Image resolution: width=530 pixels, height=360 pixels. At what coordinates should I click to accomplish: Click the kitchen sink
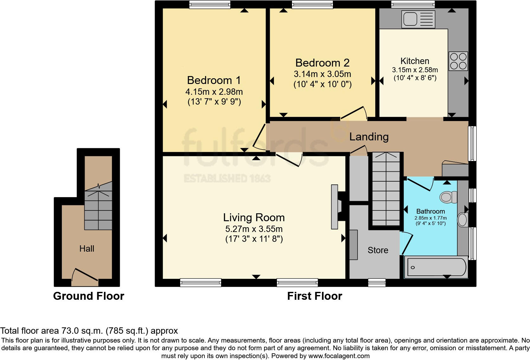click(x=418, y=19)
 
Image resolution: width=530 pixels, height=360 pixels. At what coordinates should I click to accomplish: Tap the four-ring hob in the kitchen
click(x=458, y=61)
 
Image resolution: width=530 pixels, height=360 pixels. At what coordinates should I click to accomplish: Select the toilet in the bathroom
click(x=448, y=197)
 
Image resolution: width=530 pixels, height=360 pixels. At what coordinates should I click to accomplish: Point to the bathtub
click(x=436, y=267)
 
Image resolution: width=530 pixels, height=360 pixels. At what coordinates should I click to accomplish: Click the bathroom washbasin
click(x=462, y=220)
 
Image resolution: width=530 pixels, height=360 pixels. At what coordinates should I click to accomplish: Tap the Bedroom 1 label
click(x=214, y=80)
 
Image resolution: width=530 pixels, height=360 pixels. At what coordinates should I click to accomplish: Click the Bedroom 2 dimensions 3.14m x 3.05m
click(x=322, y=74)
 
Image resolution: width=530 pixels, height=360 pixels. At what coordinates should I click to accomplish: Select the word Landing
click(x=369, y=137)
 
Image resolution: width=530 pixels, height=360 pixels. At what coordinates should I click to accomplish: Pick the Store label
click(x=378, y=250)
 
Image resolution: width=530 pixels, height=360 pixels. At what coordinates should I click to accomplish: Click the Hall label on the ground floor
click(x=87, y=248)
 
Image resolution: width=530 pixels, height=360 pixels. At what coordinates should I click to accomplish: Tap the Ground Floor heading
click(x=88, y=296)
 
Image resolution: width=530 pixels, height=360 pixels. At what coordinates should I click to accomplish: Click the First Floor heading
click(x=315, y=296)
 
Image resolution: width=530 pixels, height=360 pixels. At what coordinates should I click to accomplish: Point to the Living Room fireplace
click(x=338, y=207)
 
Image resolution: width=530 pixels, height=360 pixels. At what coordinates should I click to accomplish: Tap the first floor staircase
click(x=386, y=189)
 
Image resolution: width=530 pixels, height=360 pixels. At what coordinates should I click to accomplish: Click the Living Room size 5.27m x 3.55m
click(x=254, y=229)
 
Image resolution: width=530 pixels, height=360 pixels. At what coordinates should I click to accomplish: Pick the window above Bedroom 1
click(x=210, y=4)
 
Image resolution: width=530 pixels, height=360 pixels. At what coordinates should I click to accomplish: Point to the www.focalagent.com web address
click(x=339, y=356)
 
